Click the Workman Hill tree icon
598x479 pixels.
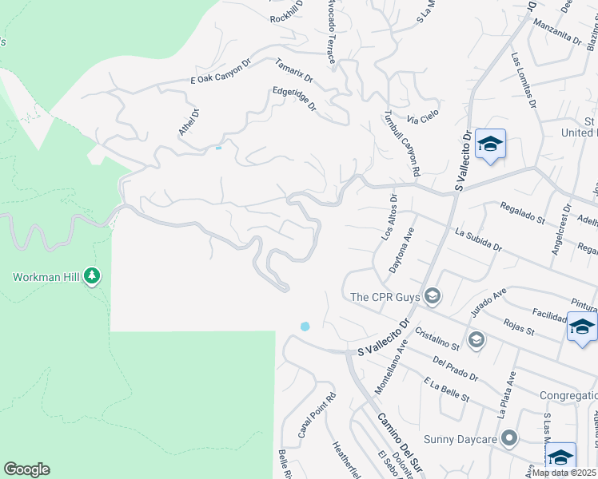pos(93,276)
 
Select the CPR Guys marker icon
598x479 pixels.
pos(433,297)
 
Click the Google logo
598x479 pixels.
pos(26,469)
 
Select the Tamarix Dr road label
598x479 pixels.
pos(294,72)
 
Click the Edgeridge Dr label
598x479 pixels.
pos(295,99)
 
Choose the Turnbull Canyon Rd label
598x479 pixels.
pos(402,143)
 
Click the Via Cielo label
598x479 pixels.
pos(424,117)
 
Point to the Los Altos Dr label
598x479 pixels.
pos(389,220)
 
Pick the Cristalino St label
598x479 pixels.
pos(437,338)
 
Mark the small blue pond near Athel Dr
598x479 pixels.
pos(218,148)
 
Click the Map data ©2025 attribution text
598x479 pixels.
pos(564,473)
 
